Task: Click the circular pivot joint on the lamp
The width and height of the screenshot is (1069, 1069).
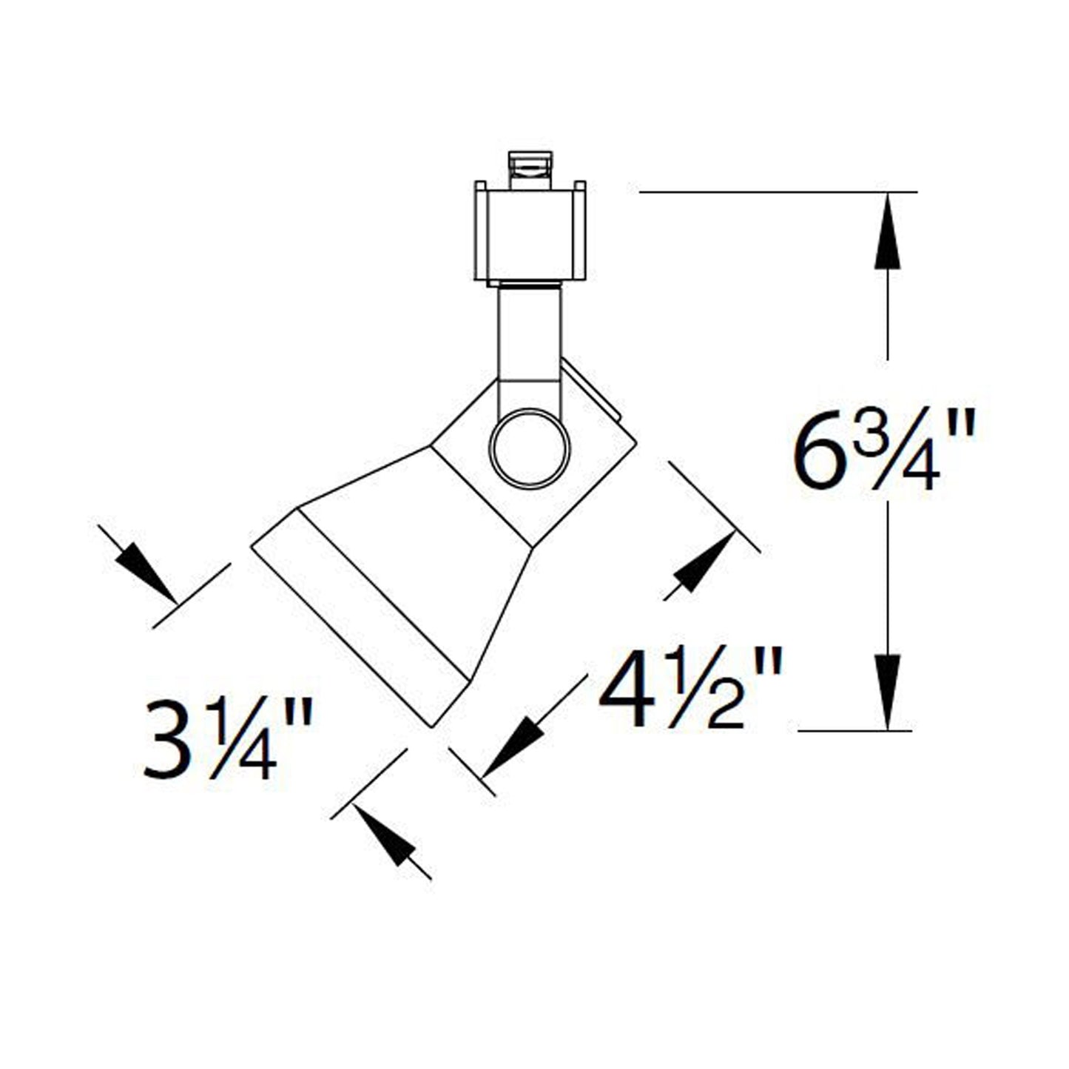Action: [x=530, y=448]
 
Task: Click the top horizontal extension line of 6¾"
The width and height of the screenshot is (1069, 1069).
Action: [x=777, y=192]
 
